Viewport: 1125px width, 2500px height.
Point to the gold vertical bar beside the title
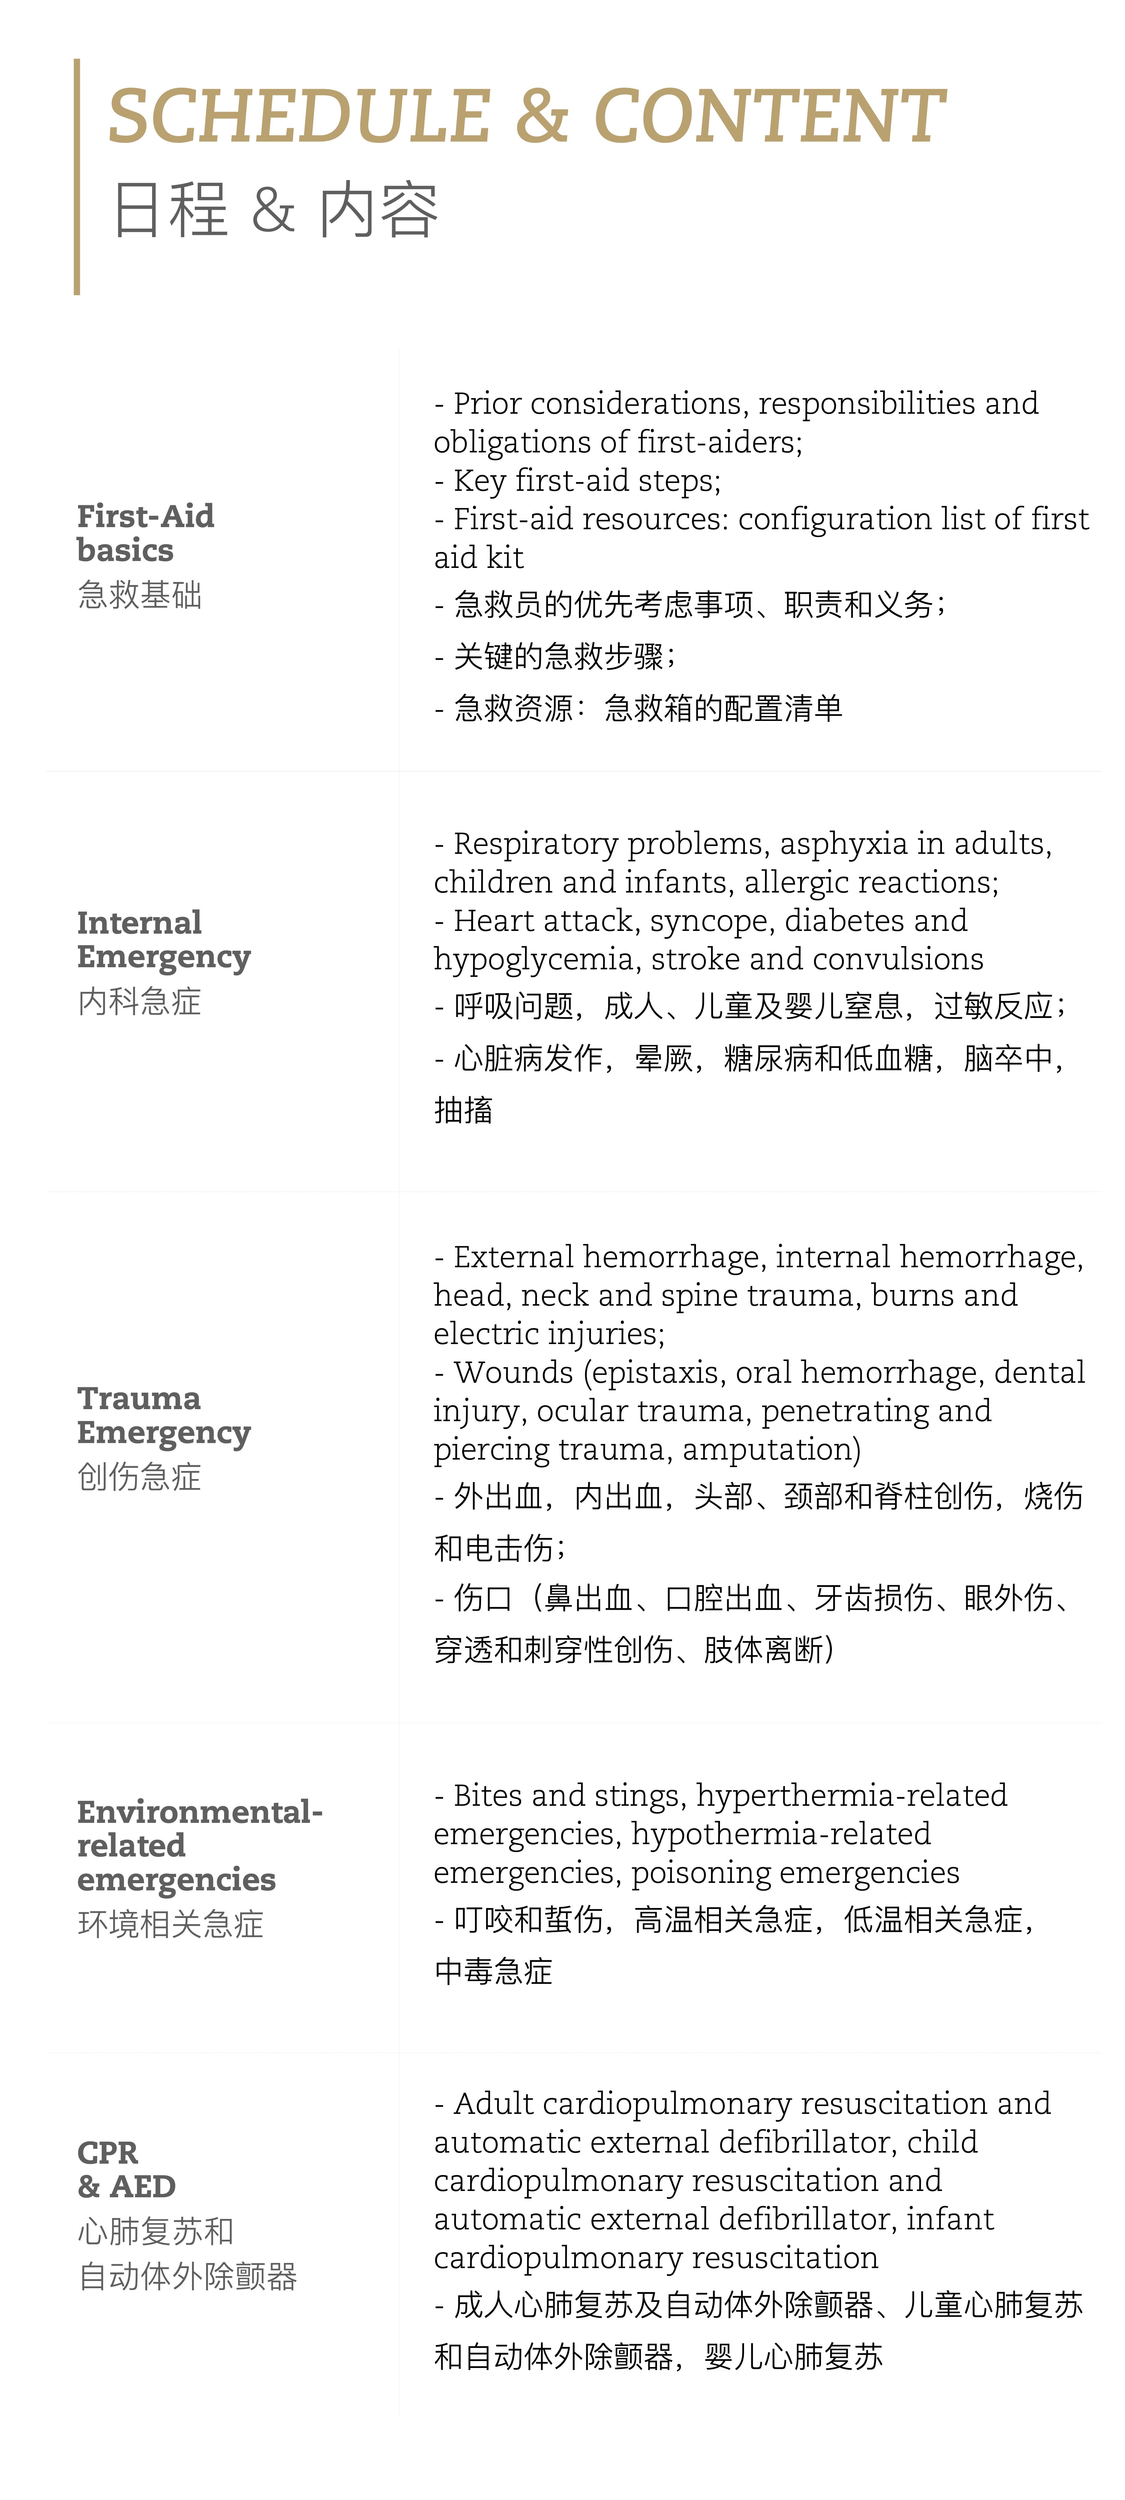[x=77, y=177]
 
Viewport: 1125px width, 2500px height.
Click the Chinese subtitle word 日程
[x=170, y=210]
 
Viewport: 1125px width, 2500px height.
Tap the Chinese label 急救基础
[x=140, y=595]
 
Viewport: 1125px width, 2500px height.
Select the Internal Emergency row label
[x=163, y=939]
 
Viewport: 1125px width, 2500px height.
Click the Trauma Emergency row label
[x=163, y=1415]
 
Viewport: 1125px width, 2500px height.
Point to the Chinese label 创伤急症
[x=140, y=1477]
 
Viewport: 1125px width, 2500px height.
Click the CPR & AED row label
[x=126, y=2169]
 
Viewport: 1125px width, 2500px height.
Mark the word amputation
[x=771, y=1450]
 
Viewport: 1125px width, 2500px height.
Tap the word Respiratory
[x=536, y=844]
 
